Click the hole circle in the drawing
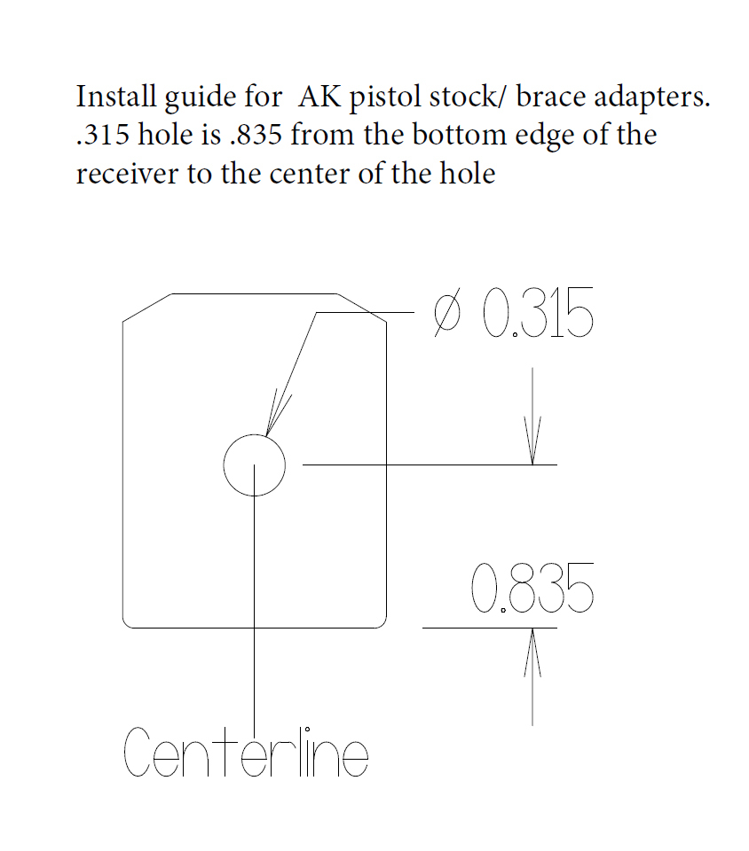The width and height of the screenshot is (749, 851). (x=254, y=465)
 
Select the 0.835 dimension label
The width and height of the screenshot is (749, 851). (x=532, y=589)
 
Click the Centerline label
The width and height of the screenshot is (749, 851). (x=245, y=753)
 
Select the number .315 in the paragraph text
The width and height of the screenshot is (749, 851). (x=99, y=136)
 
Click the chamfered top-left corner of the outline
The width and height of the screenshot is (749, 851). (x=146, y=308)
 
